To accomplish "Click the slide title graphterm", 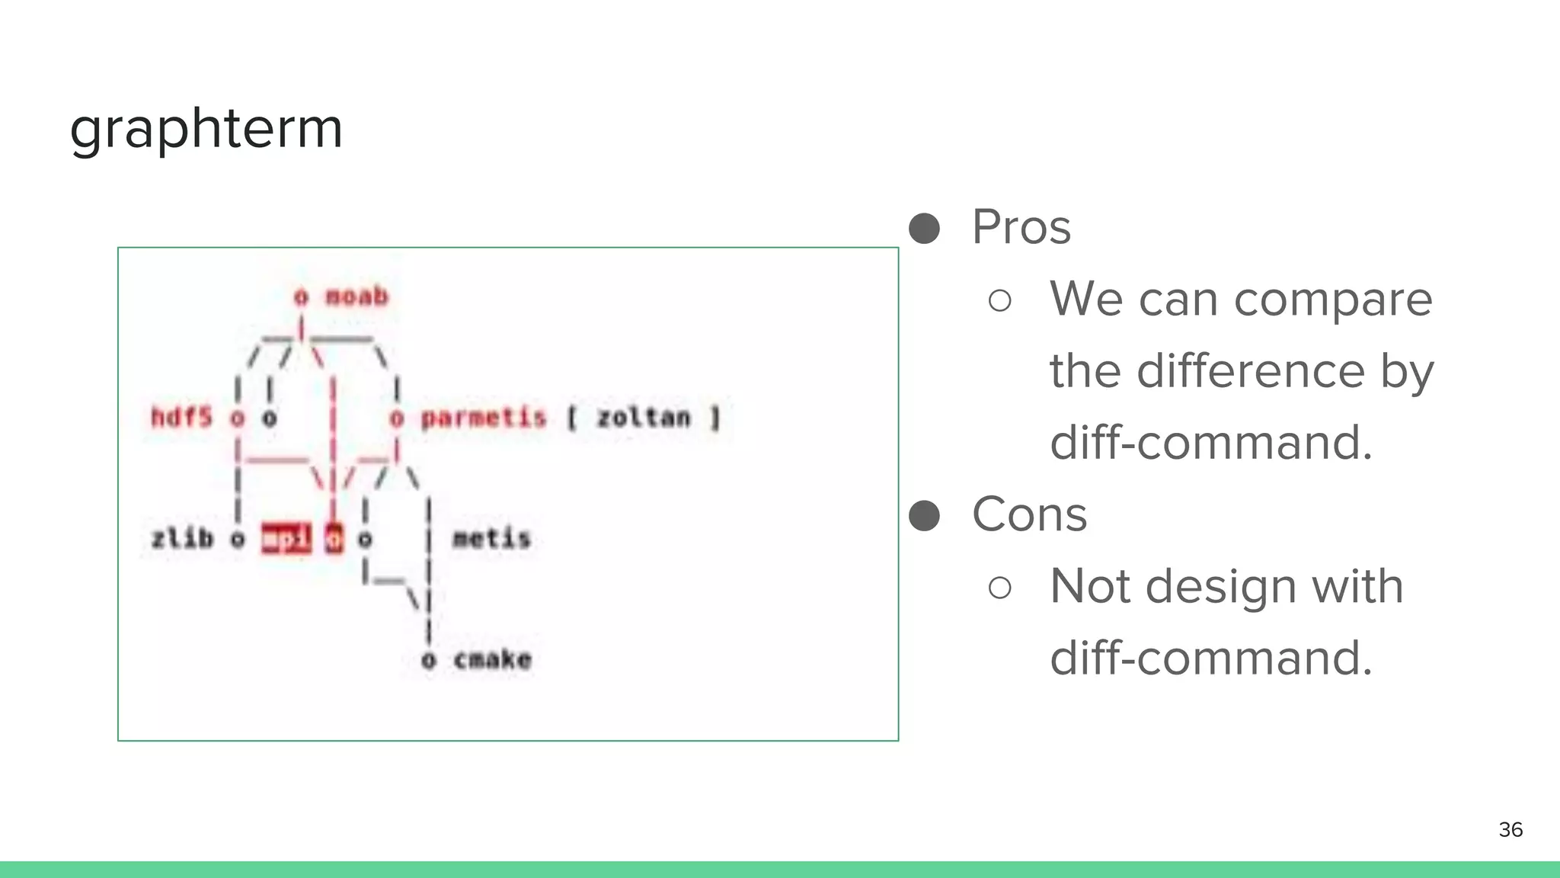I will (x=206, y=129).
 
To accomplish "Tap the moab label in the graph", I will (x=356, y=296).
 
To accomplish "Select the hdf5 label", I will (x=181, y=417).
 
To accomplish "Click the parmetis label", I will (x=484, y=418).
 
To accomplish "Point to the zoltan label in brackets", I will (x=643, y=418).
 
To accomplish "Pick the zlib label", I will (x=183, y=539).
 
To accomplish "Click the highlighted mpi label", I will (x=286, y=539).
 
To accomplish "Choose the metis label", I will (x=491, y=539).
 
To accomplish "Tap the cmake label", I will (x=492, y=659).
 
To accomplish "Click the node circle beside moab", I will (x=302, y=296).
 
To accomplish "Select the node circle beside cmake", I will (x=429, y=660).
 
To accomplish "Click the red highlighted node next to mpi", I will (x=334, y=539).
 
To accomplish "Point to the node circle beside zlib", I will (x=238, y=540).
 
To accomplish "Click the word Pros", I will (x=1021, y=227).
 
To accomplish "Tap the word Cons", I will (x=1029, y=514).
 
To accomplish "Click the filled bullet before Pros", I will (x=925, y=228).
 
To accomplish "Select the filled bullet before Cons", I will (x=925, y=515).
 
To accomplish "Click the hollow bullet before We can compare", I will (x=999, y=300).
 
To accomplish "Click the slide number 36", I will (x=1510, y=829).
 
